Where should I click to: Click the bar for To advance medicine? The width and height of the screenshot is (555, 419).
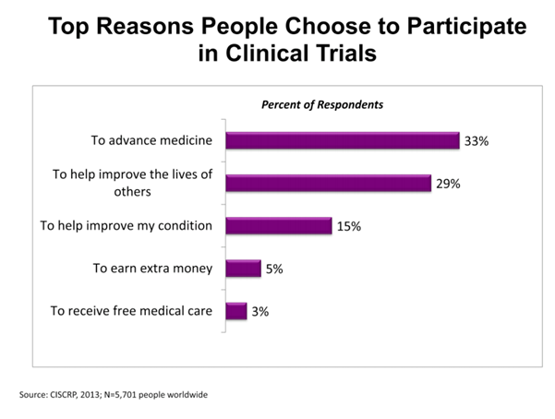click(342, 140)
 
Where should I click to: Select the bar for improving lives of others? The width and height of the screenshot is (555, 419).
click(328, 183)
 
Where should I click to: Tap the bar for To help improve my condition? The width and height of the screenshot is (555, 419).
click(278, 225)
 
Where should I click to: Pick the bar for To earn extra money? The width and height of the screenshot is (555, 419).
click(243, 269)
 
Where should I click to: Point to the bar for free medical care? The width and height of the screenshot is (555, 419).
click(235, 311)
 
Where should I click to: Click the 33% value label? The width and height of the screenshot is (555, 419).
click(476, 140)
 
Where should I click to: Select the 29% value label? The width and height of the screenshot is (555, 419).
click(448, 184)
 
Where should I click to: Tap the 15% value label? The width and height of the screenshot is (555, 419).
click(348, 226)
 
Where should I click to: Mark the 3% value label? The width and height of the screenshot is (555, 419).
click(260, 312)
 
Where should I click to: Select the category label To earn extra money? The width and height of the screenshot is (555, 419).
click(152, 269)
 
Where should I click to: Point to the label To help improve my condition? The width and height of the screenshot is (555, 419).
click(128, 225)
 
